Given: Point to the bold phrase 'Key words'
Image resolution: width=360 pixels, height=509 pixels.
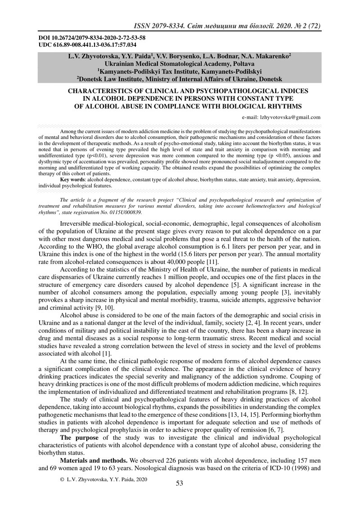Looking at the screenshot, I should (x=73, y=179).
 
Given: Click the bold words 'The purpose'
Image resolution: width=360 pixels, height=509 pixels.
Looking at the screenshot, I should (x=79, y=437).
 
